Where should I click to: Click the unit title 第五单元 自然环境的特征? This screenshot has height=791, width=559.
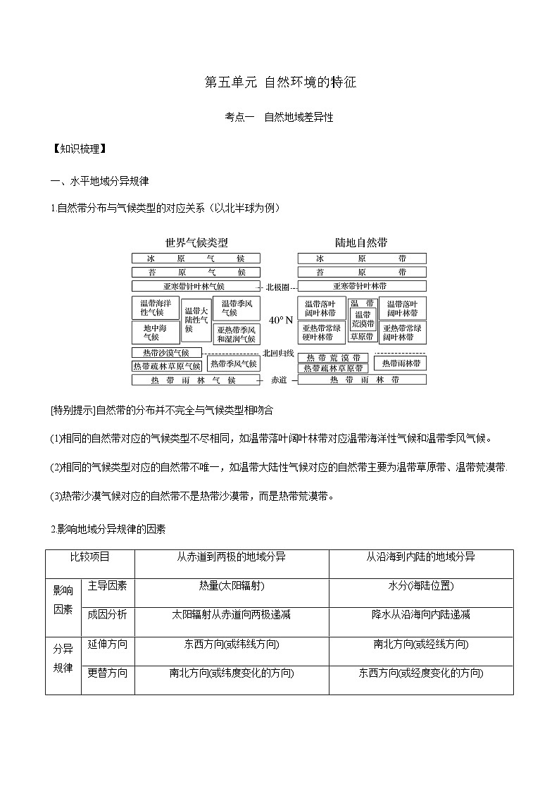(x=280, y=82)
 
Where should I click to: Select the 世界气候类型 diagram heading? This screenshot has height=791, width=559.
(x=196, y=242)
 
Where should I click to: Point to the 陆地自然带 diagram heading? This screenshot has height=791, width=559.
(x=362, y=242)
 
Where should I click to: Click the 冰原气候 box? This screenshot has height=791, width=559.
(x=196, y=259)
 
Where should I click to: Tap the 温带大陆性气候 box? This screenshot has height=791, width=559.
(x=196, y=319)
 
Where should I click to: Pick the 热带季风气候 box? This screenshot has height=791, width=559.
(x=233, y=363)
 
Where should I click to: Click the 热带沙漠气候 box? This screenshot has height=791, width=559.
(x=166, y=352)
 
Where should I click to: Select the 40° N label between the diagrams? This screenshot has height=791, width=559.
(x=280, y=319)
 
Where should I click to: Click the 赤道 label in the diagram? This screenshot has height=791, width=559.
(x=279, y=380)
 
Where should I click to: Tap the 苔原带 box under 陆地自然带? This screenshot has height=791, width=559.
(x=362, y=272)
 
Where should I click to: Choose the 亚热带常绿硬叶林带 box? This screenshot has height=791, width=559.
(x=322, y=332)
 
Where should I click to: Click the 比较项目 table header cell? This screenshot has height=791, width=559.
(x=89, y=557)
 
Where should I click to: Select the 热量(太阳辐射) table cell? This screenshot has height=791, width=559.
(x=232, y=586)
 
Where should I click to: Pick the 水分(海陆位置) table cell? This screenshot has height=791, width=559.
(x=420, y=586)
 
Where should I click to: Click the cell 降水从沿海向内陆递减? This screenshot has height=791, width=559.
(x=420, y=615)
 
